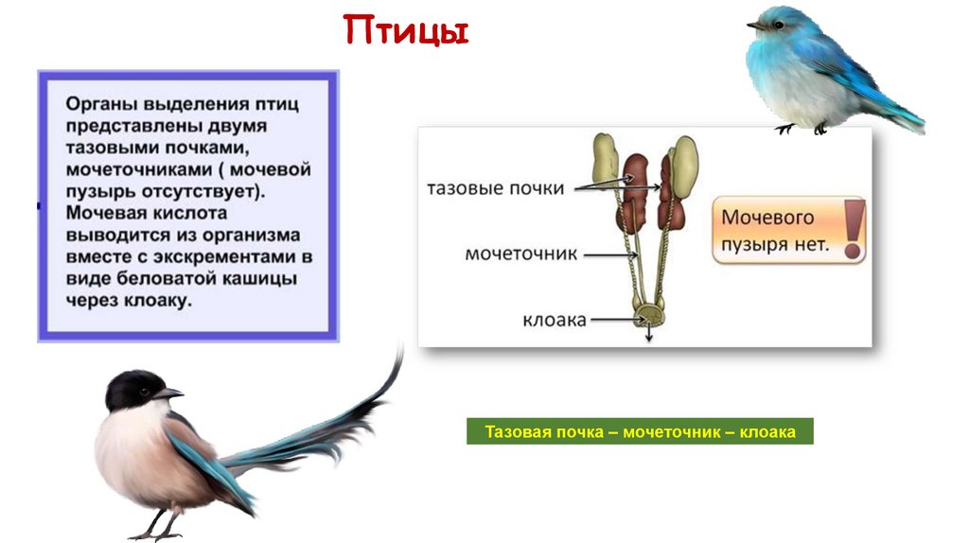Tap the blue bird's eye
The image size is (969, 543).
coord(778,25)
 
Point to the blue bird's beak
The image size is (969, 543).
coord(755,26)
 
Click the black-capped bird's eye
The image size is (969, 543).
coord(144,392)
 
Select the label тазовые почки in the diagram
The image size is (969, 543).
coord(496,188)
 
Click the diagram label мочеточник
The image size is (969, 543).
coord(521,254)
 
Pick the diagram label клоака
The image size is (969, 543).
coord(555,320)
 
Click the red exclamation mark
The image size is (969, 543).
coord(854,228)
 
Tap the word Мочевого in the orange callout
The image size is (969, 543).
coord(767,218)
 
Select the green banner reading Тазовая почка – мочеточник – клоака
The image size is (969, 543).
coord(640,431)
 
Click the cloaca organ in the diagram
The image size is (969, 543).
coord(649,315)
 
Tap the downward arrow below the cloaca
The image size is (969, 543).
coord(649,334)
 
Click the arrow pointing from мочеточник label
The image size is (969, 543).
coord(610,254)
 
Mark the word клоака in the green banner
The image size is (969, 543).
coord(768,431)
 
